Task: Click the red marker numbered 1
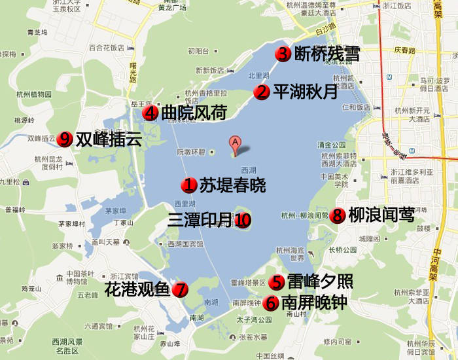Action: coord(189,185)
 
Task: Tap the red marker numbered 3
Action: coord(283,54)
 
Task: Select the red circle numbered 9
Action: coord(64,139)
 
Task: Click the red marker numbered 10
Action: coord(243,220)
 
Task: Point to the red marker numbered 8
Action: coord(338,215)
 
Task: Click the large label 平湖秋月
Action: coord(305,92)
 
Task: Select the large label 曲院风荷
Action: coord(194,113)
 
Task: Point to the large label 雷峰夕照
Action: coord(320,281)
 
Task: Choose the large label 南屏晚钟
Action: coord(314,303)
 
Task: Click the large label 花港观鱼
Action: coord(137,289)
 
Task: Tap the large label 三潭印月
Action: coord(200,220)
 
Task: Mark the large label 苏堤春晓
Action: coord(233,185)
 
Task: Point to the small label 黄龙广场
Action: coord(173,8)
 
